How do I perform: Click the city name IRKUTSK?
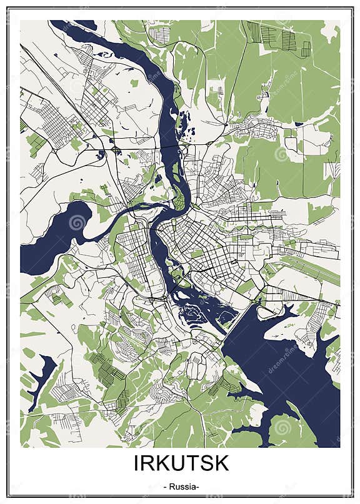(x=181, y=464)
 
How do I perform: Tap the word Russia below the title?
(x=181, y=487)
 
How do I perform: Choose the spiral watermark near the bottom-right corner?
(x=282, y=427)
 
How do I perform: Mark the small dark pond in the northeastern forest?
(x=299, y=124)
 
